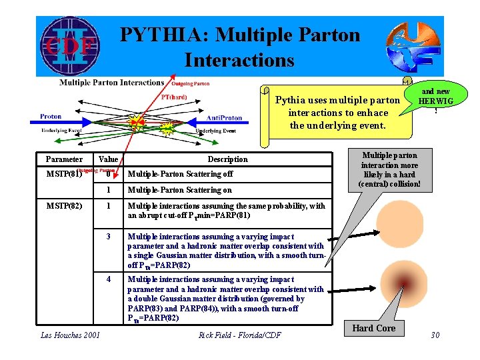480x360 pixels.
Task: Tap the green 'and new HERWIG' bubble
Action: click(x=434, y=99)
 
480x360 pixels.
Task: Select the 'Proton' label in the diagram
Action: click(x=51, y=117)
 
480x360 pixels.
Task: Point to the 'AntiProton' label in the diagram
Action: click(x=224, y=118)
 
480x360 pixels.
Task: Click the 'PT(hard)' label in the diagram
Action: click(x=175, y=97)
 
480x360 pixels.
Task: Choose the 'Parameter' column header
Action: click(x=64, y=159)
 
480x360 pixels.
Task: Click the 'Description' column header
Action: click(x=227, y=159)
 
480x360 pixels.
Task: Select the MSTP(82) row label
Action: click(x=64, y=206)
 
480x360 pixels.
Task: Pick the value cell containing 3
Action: click(x=108, y=237)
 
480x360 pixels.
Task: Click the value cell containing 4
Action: click(x=108, y=279)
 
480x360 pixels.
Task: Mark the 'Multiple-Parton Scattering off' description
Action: click(x=180, y=174)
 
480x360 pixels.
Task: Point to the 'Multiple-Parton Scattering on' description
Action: click(x=180, y=190)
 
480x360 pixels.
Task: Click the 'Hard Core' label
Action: click(x=373, y=328)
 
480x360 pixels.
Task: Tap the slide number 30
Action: click(x=435, y=335)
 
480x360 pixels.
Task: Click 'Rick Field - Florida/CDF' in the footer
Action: click(x=240, y=335)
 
